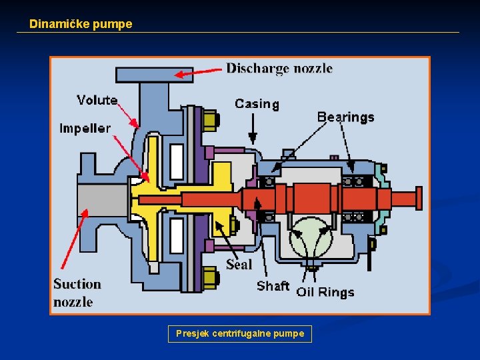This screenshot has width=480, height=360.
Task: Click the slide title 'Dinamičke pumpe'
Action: coord(81,24)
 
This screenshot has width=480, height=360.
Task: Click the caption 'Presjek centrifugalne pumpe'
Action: coord(239,333)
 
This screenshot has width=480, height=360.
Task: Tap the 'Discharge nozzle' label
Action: coord(279,68)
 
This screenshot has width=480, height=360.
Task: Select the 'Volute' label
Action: coord(97,100)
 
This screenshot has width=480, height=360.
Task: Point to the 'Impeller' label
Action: coord(85,128)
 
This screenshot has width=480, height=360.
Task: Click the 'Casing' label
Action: coord(257,103)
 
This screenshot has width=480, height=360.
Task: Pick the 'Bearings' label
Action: coord(345,117)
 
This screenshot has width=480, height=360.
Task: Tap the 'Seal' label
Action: coord(239,264)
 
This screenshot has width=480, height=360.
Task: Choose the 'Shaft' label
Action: coord(273,286)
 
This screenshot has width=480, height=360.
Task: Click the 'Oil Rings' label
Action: coord(325,292)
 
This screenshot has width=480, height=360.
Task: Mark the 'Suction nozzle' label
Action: coord(77,293)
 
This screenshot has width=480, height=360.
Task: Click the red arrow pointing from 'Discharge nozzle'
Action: coord(198,71)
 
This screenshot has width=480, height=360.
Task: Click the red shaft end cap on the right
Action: coord(419,198)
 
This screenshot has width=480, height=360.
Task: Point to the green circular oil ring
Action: coord(311,237)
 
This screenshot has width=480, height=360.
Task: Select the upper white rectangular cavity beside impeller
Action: coord(177,161)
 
